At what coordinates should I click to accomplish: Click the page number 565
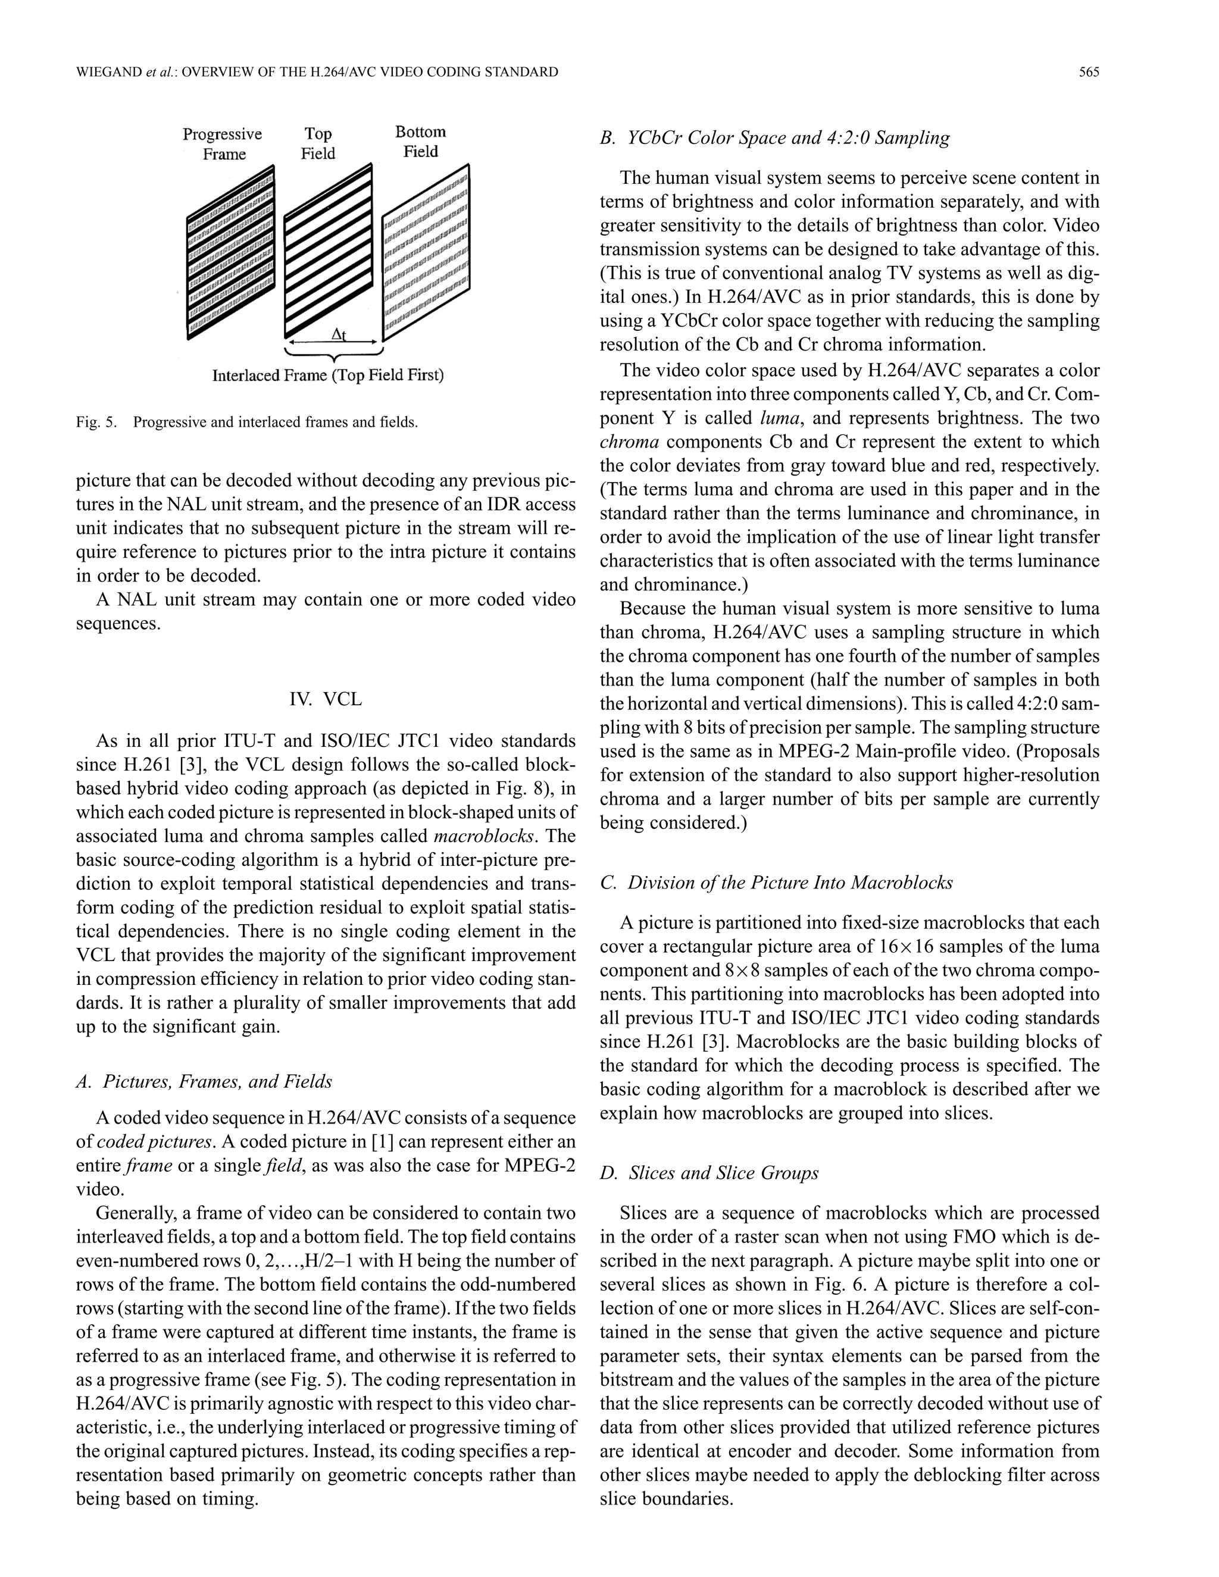pos(1088,71)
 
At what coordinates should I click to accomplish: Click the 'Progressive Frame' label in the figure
pos(223,143)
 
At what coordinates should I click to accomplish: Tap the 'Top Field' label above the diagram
pos(318,143)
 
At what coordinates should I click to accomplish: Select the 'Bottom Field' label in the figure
pos(420,142)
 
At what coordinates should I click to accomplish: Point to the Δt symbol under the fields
pos(338,334)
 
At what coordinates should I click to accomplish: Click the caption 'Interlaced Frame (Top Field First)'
pos(328,376)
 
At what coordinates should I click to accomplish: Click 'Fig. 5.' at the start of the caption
pos(96,423)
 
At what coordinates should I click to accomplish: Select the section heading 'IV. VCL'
pos(325,699)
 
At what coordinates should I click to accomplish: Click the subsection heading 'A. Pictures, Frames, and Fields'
pos(204,1081)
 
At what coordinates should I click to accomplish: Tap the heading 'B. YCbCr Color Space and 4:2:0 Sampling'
pos(774,137)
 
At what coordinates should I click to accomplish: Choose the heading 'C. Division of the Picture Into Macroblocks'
pos(776,883)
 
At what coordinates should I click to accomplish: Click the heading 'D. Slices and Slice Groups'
pos(709,1173)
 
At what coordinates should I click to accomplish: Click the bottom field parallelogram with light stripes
pos(426,253)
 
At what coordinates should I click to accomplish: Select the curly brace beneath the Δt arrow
pos(334,355)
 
